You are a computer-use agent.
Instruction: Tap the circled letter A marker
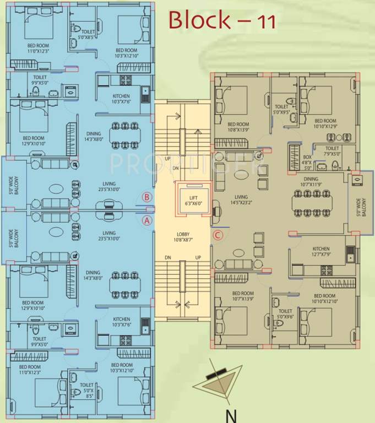(x=146, y=220)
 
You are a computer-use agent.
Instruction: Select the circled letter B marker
(x=146, y=197)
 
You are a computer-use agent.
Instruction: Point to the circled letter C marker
(x=218, y=236)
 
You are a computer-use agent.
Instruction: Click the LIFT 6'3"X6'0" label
(x=191, y=201)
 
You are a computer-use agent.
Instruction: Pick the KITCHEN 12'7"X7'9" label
(x=320, y=252)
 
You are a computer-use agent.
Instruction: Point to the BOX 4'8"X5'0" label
(x=307, y=163)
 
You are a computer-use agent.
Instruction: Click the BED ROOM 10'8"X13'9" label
(x=239, y=128)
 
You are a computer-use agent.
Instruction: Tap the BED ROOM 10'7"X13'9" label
(x=243, y=296)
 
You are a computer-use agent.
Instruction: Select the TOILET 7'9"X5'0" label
(x=332, y=151)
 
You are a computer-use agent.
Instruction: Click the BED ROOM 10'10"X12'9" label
(x=325, y=123)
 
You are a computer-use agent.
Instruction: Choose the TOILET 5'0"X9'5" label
(x=281, y=109)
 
